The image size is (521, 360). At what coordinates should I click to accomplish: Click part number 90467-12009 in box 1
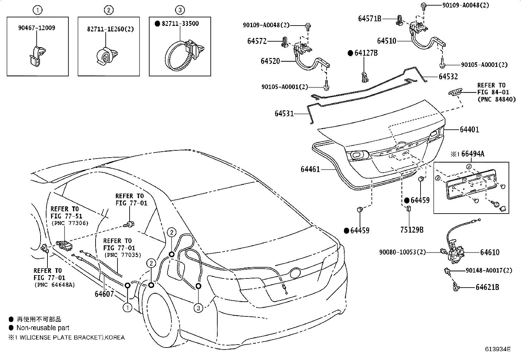coord(37,28)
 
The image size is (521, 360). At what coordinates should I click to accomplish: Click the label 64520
coord(270,61)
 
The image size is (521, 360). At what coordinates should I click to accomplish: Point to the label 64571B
coord(369,19)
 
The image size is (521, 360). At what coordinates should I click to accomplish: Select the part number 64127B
coord(366,53)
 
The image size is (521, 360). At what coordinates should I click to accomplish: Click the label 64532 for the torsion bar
coord(448,76)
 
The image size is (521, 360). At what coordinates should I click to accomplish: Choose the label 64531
coord(284,114)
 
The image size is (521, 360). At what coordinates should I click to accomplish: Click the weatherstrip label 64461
coord(310,169)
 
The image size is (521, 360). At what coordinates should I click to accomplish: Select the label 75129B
coord(412,230)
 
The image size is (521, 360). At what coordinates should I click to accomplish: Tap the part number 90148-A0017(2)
coord(489,270)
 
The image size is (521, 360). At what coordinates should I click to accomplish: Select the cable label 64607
coord(104,294)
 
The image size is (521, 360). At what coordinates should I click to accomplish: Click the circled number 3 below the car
coord(198,308)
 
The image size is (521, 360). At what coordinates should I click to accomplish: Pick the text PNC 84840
coord(496,100)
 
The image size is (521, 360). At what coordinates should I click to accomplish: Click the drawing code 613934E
coord(498,349)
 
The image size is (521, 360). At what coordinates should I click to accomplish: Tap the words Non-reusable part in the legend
coord(43,328)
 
